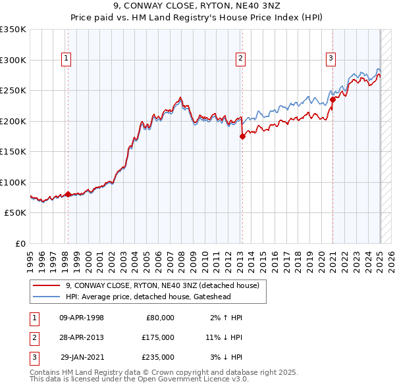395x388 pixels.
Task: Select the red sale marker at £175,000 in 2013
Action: coord(242,136)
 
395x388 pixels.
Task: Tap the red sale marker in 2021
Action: coord(333,99)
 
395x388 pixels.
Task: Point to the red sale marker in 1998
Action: coord(68,194)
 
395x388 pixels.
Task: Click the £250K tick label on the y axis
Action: coord(13,90)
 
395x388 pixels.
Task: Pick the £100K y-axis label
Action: coord(13,182)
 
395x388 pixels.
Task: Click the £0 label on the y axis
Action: coord(20,243)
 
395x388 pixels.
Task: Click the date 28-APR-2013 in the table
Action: coord(82,337)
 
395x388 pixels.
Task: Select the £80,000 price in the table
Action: coord(160,318)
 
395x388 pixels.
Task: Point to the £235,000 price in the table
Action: coord(158,357)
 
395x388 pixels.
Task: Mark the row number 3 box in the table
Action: coord(32,357)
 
